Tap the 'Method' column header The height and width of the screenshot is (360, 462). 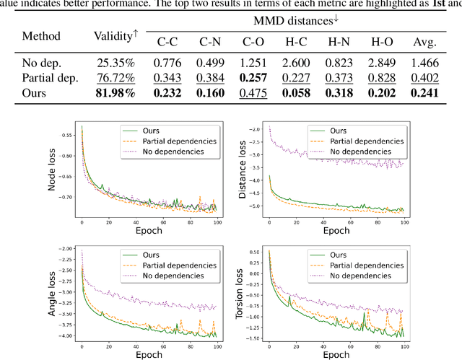tap(42, 35)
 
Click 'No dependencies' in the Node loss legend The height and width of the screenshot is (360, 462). tap(165, 152)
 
